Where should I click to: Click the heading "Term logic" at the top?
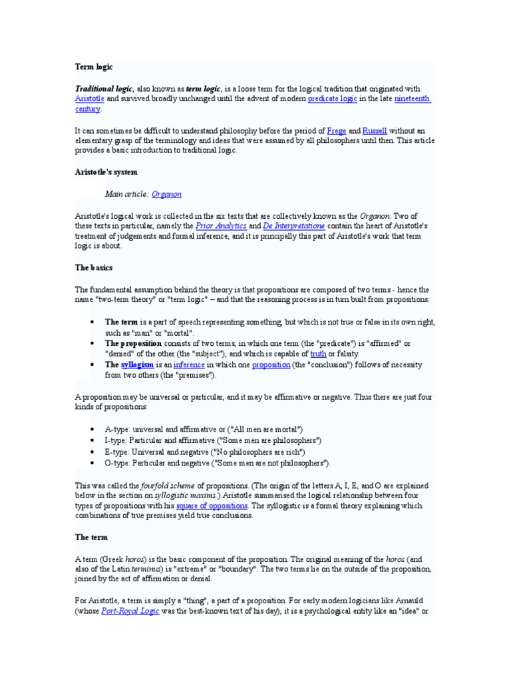93,67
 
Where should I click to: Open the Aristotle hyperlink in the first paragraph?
89,99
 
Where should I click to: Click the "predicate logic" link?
332,99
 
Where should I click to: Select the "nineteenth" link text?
412,99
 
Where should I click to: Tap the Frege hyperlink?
337,131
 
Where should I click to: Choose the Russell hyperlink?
374,131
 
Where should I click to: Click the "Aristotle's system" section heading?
106,172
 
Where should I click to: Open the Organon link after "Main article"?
166,194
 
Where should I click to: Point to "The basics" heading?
94,267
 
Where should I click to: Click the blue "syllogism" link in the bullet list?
138,365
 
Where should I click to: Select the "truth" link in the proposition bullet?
318,354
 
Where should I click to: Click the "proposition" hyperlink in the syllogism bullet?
270,365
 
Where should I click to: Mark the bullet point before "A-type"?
91,430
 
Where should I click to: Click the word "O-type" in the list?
117,462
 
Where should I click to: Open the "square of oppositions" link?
212,505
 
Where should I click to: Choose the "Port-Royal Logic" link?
130,611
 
